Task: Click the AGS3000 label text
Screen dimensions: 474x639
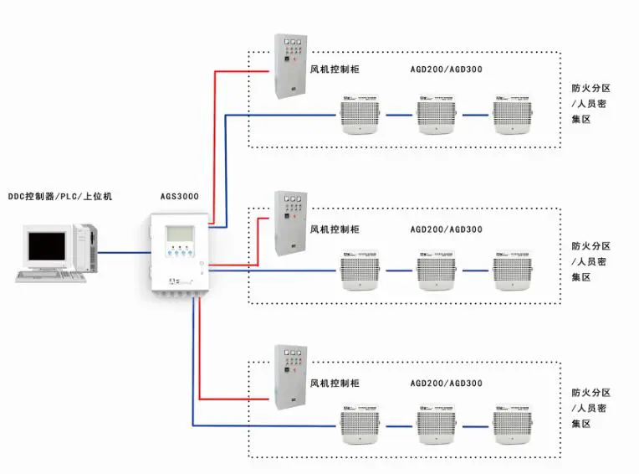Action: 179,196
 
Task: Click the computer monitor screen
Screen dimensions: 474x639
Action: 46,246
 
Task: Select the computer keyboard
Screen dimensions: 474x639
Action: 52,277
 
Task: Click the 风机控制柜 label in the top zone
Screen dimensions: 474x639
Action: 335,70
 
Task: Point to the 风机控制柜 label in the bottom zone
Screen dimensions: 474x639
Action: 335,383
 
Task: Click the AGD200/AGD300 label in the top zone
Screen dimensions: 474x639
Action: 446,70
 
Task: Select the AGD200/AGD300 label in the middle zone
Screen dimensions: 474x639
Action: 446,229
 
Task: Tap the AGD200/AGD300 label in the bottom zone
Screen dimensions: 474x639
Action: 446,383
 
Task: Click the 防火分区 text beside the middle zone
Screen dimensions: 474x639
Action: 591,246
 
